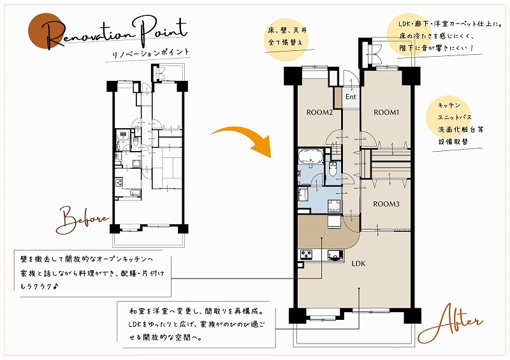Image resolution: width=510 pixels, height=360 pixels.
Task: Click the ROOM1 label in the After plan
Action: [x=386, y=113]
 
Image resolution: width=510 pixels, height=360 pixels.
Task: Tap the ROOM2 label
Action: [x=319, y=113]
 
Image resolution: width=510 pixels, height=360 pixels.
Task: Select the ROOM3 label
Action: [x=386, y=205]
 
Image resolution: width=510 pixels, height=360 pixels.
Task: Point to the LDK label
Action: [x=358, y=263]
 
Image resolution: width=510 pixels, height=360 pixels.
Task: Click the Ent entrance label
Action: [x=351, y=97]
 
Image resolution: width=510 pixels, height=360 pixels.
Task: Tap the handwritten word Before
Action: [x=82, y=220]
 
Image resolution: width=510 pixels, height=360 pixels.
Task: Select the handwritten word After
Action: [x=451, y=323]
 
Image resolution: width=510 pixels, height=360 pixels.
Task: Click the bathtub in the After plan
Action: [x=310, y=156]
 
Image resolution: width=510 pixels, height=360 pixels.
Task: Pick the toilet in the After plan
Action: [x=333, y=168]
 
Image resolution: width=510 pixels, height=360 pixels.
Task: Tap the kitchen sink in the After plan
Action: [x=335, y=255]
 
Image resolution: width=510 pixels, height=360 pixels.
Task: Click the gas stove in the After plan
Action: [x=306, y=254]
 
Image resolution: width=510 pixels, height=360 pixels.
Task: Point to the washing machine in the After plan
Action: [x=334, y=206]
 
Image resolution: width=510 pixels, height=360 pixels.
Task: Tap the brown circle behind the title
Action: [x=45, y=31]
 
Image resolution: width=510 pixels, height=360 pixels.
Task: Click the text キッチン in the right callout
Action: [x=449, y=105]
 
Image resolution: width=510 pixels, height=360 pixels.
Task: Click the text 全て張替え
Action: [x=285, y=42]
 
